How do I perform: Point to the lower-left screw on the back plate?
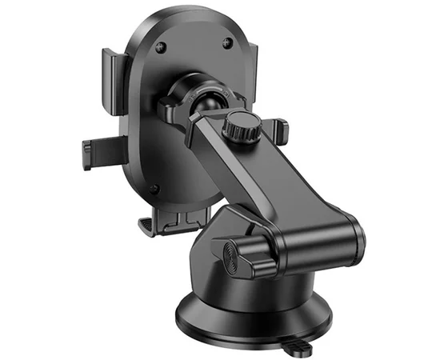pyautogui.click(x=158, y=190)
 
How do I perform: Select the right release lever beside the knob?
pyautogui.click(x=276, y=128)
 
